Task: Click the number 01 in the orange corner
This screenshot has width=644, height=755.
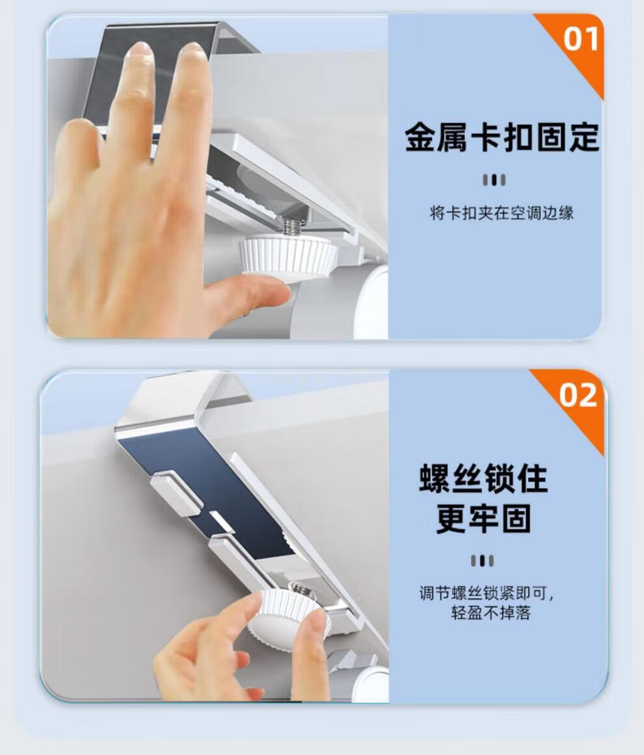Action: pyautogui.click(x=581, y=38)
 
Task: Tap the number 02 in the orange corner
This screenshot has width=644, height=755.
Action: pyautogui.click(x=578, y=395)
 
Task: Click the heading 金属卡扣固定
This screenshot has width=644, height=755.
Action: pyautogui.click(x=502, y=138)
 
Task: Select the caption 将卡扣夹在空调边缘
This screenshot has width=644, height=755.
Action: pyautogui.click(x=502, y=213)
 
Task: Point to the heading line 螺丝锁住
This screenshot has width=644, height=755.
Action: pyautogui.click(x=483, y=478)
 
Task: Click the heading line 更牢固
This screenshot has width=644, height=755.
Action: pyautogui.click(x=483, y=519)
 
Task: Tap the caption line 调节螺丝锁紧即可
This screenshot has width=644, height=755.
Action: pyautogui.click(x=486, y=593)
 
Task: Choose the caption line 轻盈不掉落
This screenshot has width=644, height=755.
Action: pyautogui.click(x=490, y=613)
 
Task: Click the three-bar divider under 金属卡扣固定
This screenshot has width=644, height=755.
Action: pyautogui.click(x=494, y=180)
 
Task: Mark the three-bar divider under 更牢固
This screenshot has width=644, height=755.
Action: pyautogui.click(x=482, y=560)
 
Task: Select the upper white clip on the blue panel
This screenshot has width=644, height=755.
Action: pyautogui.click(x=176, y=491)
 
